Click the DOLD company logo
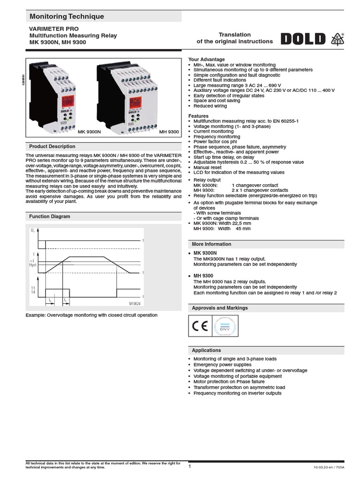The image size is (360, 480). click(x=303, y=38)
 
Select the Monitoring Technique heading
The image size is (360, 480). click(x=67, y=17)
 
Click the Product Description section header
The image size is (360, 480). click(x=52, y=146)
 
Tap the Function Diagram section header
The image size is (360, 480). click(x=50, y=217)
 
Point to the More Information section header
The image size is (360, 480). click(x=211, y=244)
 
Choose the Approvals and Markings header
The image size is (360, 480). click(x=220, y=308)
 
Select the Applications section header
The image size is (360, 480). click(x=206, y=350)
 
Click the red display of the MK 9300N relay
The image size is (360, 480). click(x=66, y=101)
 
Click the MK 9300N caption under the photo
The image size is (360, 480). click(x=90, y=132)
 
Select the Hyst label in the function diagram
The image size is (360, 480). click(x=32, y=265)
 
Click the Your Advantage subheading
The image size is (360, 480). click(x=206, y=60)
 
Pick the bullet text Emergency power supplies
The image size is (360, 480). click(x=222, y=365)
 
